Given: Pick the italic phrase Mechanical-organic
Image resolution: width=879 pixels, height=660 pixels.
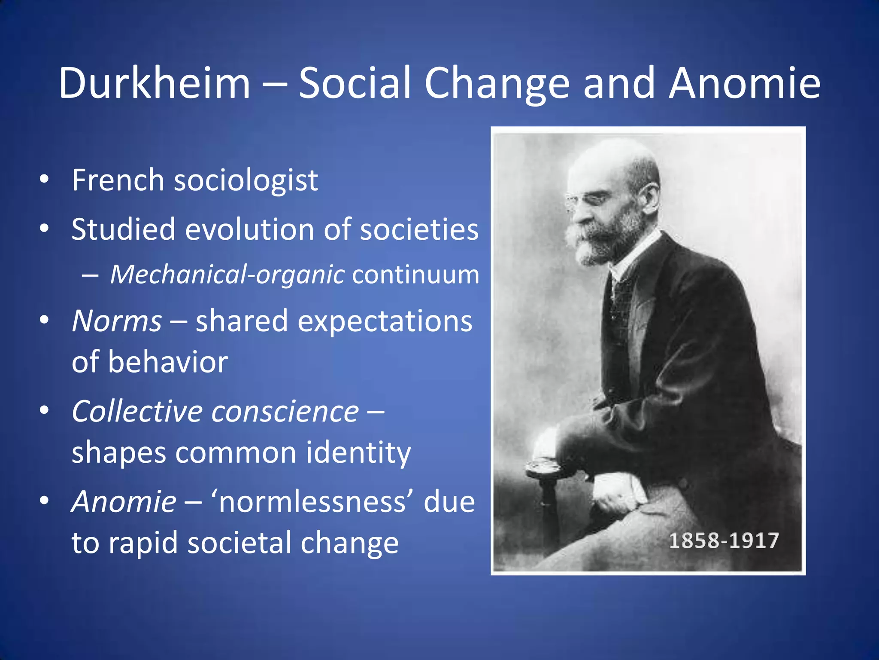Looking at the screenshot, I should (x=227, y=275).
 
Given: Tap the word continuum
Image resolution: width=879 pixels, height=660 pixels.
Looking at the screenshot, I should (x=415, y=275).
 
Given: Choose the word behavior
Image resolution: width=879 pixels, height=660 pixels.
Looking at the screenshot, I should (x=168, y=362).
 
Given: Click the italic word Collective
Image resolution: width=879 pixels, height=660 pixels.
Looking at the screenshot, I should (x=137, y=411).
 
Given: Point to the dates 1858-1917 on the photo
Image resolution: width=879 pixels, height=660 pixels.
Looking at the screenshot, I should (x=724, y=541).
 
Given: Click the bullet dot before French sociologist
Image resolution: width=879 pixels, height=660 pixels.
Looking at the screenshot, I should (x=44, y=180).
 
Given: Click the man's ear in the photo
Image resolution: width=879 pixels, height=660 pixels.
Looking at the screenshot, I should (x=651, y=198).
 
